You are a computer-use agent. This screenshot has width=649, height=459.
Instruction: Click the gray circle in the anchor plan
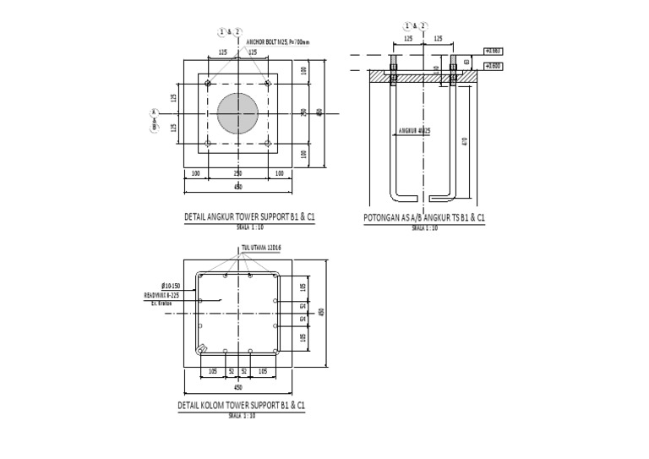point(239,113)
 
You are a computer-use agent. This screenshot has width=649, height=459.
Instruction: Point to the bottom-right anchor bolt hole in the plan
point(268,144)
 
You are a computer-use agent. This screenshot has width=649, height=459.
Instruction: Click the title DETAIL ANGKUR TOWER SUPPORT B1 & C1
point(249,217)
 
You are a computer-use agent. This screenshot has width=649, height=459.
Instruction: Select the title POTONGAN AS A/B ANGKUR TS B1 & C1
point(424,218)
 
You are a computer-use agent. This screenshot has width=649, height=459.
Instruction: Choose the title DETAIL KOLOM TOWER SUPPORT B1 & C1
point(242,406)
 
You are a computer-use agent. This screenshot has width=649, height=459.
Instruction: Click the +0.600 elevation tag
point(493,65)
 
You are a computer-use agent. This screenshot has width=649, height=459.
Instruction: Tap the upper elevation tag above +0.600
point(493,51)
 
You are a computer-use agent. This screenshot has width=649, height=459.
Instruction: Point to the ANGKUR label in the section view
point(415,131)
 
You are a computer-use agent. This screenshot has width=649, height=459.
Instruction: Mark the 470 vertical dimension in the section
point(465,140)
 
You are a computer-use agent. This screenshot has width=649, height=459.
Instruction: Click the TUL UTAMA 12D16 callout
point(260,248)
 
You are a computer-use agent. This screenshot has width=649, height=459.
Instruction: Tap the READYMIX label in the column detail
point(161,296)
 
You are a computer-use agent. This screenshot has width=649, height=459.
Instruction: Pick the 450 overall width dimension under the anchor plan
point(238,186)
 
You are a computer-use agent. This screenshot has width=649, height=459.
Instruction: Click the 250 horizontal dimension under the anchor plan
point(237,173)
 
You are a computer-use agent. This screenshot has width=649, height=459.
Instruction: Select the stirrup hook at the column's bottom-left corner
point(202,349)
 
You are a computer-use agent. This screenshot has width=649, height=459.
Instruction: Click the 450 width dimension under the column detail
point(238,387)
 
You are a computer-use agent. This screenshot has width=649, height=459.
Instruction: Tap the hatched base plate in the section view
point(423,76)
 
